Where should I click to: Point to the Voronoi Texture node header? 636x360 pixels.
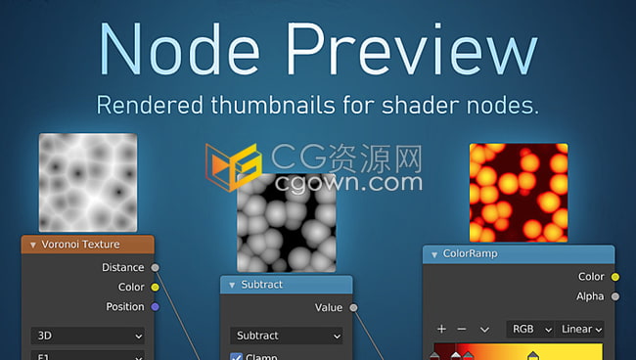87,245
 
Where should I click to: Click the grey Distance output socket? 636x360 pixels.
155,267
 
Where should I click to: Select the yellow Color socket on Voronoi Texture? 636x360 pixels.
155,287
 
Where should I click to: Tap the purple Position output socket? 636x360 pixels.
155,306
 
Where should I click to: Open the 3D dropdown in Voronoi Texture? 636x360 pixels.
87,335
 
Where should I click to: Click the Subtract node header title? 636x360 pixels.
262,285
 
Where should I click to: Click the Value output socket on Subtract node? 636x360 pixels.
353,307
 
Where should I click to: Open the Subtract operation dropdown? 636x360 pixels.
287,336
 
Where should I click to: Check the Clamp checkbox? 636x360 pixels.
236,357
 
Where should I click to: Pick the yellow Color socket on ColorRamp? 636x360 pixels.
614,277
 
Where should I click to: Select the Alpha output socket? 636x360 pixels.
614,295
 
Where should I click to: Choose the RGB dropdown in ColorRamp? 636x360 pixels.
530,330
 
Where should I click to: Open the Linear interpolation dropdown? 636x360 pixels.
581,330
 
